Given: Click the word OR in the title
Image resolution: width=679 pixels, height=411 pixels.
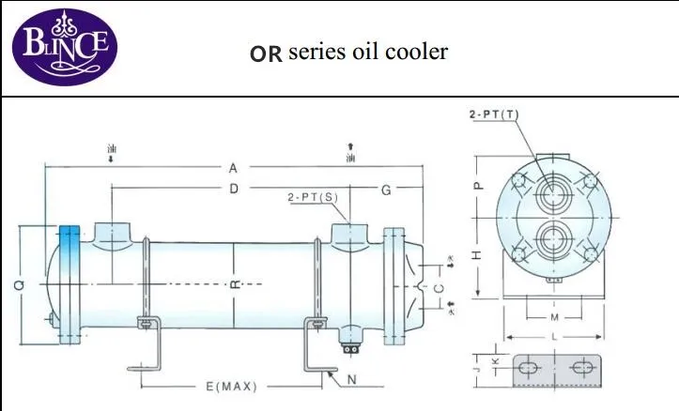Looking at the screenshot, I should point(266,53).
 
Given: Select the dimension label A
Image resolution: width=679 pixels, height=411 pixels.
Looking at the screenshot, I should point(233,168).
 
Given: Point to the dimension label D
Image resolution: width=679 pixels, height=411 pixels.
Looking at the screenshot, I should point(233,190).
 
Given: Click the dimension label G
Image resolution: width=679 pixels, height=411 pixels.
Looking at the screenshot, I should point(386,190).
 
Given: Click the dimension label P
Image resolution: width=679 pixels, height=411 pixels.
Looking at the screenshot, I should point(476,186).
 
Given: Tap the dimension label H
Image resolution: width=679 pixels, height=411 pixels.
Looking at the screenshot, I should point(476,255).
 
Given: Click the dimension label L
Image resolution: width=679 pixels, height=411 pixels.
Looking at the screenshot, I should point(556,335).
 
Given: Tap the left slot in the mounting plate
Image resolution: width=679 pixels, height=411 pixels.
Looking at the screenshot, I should point(528,368).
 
